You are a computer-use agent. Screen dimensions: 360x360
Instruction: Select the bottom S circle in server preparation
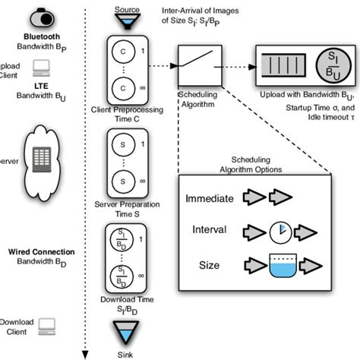[123, 182]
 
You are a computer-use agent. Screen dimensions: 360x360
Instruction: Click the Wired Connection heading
[47, 251]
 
